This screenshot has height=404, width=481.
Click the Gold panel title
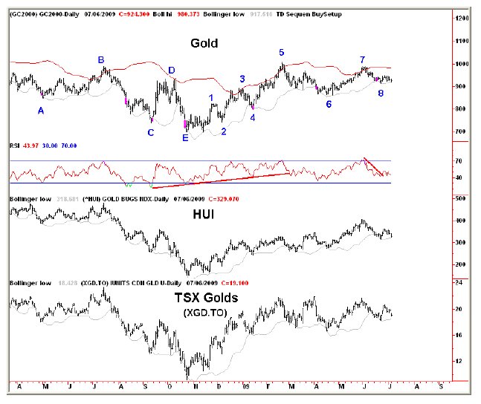click(x=204, y=44)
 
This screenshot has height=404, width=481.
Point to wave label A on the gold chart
click(x=41, y=110)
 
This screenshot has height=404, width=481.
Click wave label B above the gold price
click(x=101, y=59)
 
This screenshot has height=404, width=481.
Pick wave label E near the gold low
click(x=185, y=137)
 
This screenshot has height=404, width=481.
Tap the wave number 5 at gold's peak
click(x=282, y=53)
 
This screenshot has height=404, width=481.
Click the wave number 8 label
click(x=381, y=94)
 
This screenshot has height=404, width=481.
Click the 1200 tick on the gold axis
click(x=461, y=19)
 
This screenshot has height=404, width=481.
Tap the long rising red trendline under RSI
click(x=223, y=180)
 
